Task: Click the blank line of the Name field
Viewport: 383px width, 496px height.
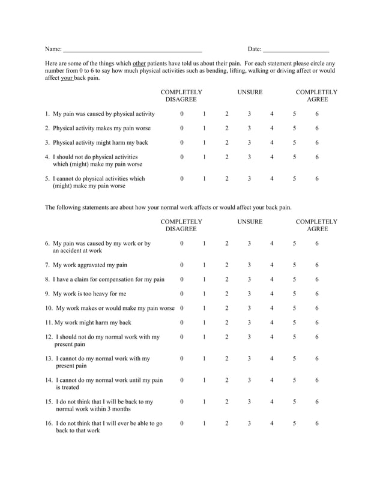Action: [133, 49]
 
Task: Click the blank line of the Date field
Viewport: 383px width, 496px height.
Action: [296, 49]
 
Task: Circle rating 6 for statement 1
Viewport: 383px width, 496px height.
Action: [317, 114]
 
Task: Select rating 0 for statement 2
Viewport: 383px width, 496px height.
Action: [182, 129]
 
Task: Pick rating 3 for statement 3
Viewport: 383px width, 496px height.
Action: [249, 143]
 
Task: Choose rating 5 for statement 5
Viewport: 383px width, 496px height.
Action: [294, 178]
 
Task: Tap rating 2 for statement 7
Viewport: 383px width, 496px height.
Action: [227, 265]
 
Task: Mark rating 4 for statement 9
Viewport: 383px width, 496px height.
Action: [271, 294]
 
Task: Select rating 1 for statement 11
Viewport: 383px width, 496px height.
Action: [204, 322]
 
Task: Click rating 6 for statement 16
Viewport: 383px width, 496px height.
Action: [317, 423]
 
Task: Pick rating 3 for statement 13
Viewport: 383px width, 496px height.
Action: [249, 358]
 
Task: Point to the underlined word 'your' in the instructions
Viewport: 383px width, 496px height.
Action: [67, 78]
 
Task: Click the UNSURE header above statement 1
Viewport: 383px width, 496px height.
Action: [249, 92]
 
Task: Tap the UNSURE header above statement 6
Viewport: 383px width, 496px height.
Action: [249, 222]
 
